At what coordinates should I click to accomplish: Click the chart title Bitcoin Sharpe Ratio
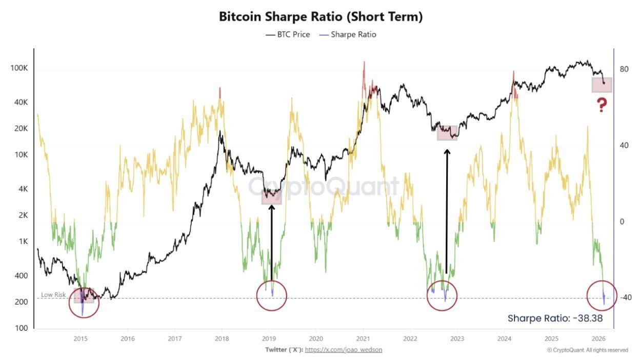click(321, 16)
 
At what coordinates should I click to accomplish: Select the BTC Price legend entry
click(288, 35)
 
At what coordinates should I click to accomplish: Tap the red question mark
click(602, 106)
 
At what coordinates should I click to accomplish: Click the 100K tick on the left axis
click(19, 69)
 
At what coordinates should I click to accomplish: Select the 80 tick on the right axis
click(624, 69)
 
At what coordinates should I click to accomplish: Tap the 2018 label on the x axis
click(222, 338)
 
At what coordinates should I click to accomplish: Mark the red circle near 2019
click(272, 295)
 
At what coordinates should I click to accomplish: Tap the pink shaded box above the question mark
click(602, 85)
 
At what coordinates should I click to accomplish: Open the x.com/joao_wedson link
click(344, 350)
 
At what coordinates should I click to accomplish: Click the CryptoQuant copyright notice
click(587, 350)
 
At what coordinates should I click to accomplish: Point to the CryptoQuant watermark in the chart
click(324, 187)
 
